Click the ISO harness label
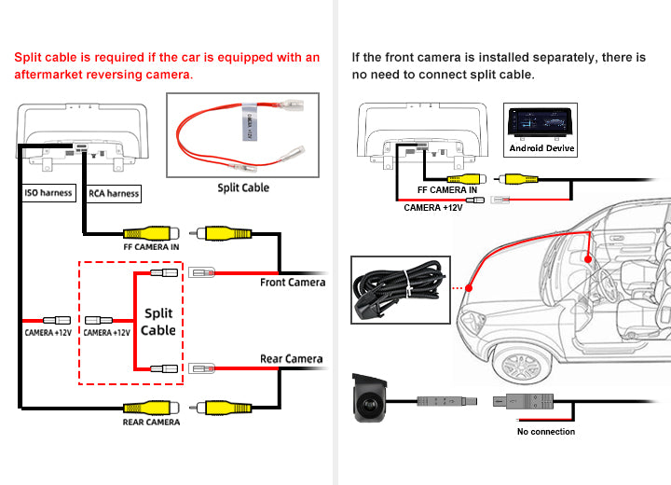click(48, 194)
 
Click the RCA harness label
click(114, 194)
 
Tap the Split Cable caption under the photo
click(243, 187)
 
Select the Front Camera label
click(293, 283)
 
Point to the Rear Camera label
click(291, 359)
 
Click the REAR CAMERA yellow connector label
click(151, 423)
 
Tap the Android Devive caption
click(542, 147)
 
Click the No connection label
click(546, 432)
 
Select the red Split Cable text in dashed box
click(158, 322)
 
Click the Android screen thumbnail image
click(542, 122)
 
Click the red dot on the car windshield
click(469, 288)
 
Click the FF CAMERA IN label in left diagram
click(151, 247)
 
